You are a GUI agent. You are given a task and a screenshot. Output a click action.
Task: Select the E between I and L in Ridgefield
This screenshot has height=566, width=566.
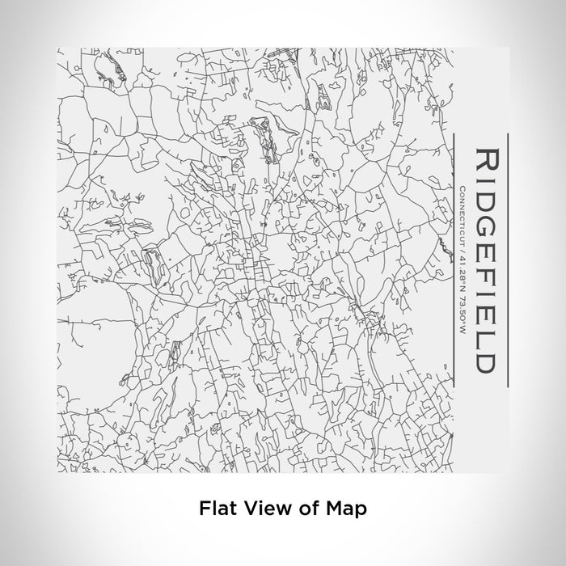(x=488, y=312)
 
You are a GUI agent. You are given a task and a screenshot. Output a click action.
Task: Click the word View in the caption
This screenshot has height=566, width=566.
(x=257, y=509)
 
